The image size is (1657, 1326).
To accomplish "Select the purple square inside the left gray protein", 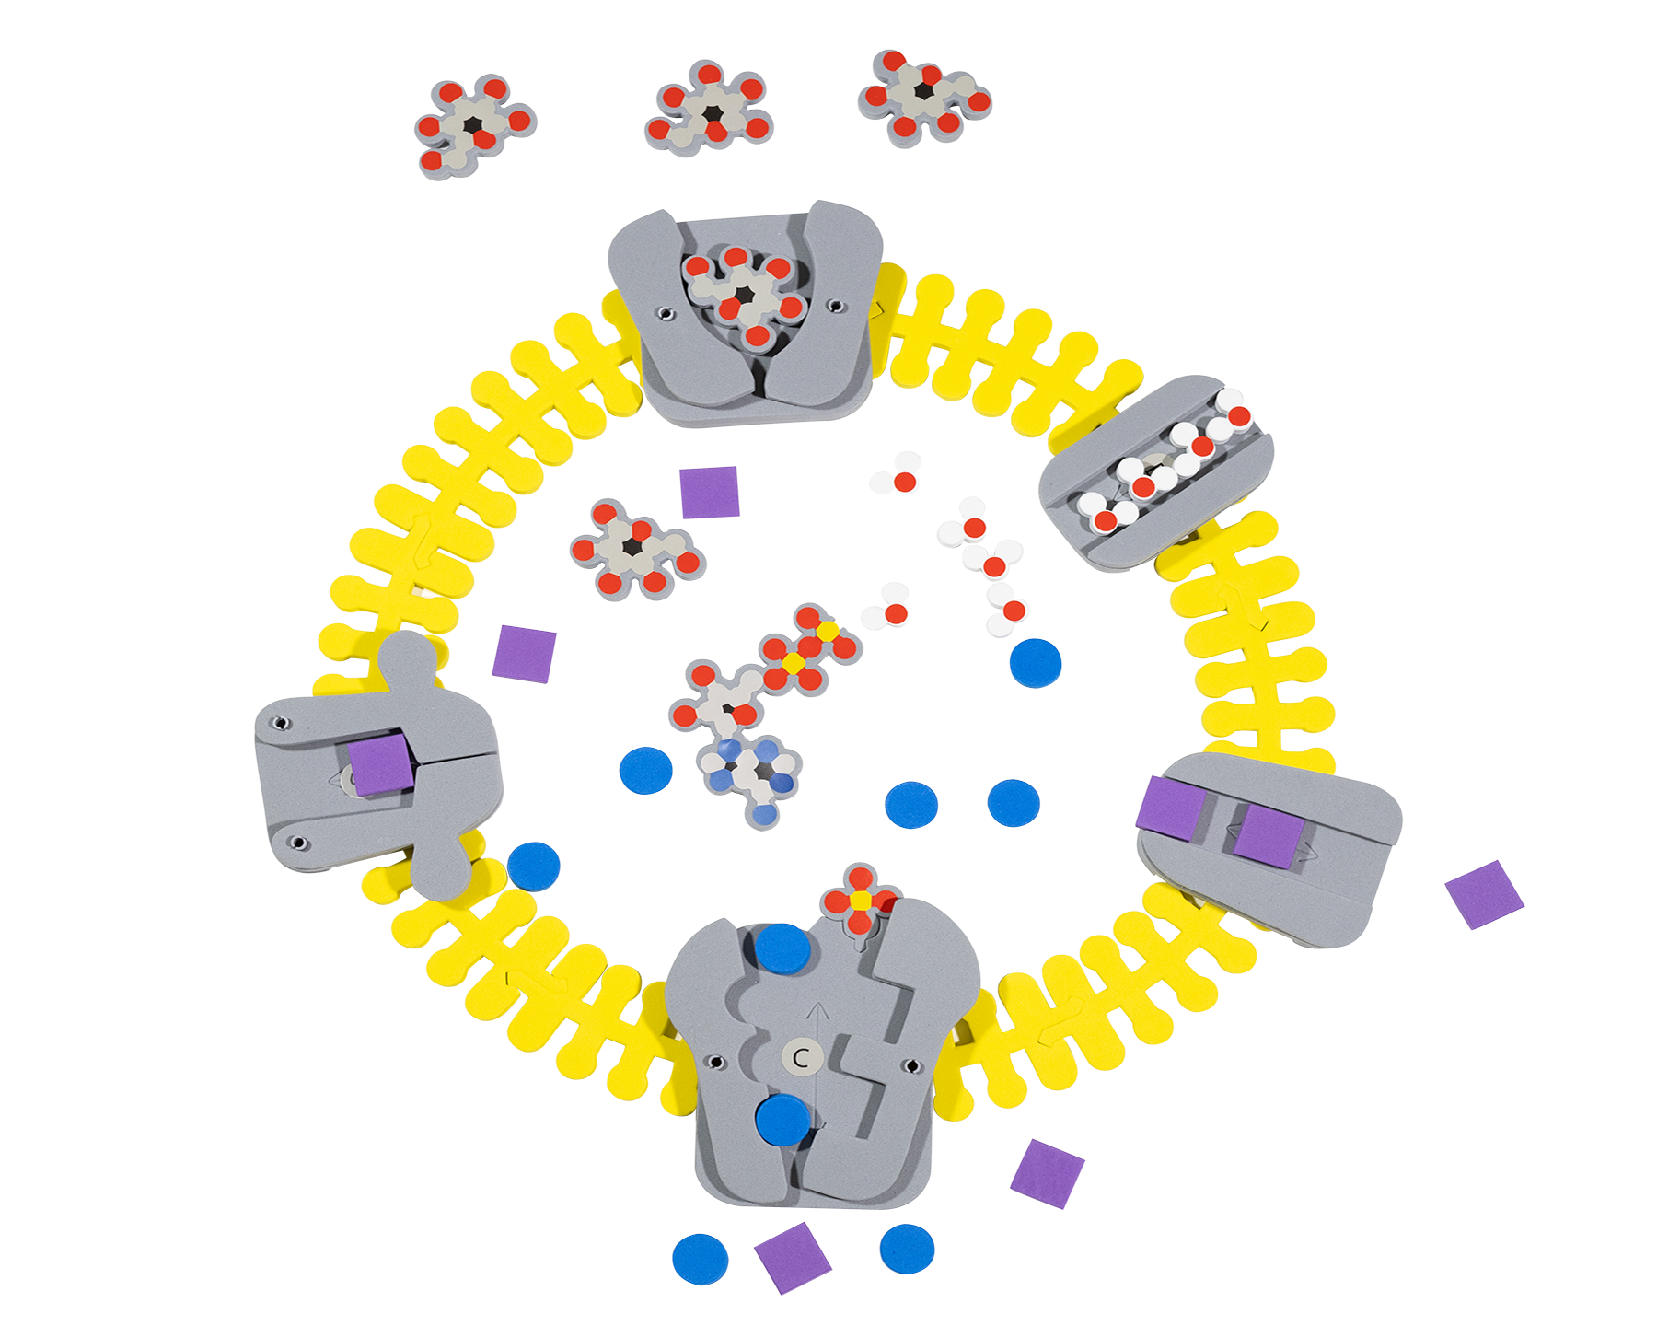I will tap(381, 763).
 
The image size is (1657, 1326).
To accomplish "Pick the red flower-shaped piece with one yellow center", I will tap(859, 899).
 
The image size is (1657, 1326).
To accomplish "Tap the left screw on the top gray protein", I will tap(666, 314).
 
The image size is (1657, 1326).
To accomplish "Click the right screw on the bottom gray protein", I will tap(912, 1066).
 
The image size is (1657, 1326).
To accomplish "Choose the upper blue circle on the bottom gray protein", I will tap(782, 948).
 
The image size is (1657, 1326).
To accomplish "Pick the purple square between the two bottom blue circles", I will tap(793, 1257).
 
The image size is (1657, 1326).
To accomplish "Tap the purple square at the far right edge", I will tap(1484, 893).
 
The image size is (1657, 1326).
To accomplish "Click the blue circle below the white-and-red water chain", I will tap(1036, 662).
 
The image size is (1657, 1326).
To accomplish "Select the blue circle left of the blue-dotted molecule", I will tap(646, 770).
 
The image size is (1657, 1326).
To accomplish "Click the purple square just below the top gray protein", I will tap(709, 492).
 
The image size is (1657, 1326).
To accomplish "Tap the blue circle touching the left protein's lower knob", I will tap(533, 867).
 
